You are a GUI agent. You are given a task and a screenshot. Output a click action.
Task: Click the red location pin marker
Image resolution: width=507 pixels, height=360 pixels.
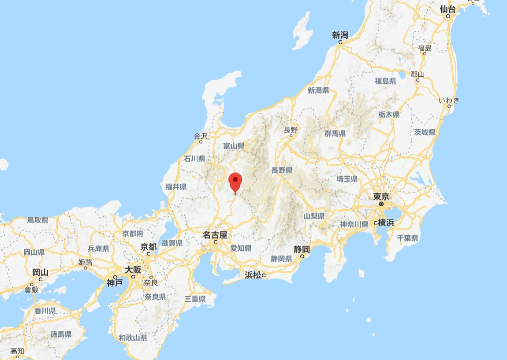tap(236, 182)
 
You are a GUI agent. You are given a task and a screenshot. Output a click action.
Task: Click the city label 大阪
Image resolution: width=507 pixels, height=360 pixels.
tap(133, 270)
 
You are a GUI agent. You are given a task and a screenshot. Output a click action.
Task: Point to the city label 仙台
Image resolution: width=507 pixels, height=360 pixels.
tap(447, 9)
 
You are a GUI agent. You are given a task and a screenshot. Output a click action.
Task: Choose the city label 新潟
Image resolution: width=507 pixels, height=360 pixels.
tap(340, 35)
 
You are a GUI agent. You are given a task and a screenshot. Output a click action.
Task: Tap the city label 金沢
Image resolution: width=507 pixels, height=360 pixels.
tap(201, 137)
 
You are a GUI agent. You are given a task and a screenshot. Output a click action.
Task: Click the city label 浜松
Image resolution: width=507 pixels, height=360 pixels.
tap(253, 275)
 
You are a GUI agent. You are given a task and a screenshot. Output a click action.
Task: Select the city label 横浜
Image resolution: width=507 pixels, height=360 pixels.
tap(386, 223)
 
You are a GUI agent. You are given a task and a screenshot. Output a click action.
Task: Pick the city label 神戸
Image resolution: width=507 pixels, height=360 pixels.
tap(115, 283)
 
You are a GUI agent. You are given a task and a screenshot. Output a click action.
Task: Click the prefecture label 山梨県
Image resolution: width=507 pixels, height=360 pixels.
tap(314, 216)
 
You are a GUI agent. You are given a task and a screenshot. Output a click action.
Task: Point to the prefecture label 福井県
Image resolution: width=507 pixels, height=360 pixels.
tap(176, 187)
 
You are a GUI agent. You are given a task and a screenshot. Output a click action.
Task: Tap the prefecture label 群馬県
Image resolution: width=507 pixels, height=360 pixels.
tap(335, 134)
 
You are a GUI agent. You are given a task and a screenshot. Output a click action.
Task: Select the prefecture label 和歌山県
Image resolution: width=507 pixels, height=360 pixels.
tap(133, 338)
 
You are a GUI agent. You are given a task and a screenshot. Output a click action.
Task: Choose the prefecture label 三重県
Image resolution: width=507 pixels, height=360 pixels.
tap(195, 299)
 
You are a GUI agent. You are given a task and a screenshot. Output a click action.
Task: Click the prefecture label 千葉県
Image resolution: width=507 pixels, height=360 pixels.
tap(407, 238)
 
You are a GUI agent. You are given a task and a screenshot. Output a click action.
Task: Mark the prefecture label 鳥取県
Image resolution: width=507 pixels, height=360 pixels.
tap(37, 220)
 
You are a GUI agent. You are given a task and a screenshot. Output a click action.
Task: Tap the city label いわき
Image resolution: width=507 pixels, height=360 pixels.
tap(449, 100)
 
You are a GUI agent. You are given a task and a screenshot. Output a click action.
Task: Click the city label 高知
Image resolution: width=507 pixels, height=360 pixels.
tap(18, 351)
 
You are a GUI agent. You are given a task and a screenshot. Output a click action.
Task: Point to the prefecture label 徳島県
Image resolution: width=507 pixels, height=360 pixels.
tap(61, 334)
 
